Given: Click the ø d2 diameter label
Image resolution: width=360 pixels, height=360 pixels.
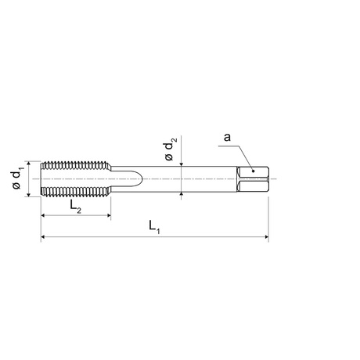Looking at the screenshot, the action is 171,149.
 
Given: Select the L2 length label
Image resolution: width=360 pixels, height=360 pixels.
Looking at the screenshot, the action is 75,207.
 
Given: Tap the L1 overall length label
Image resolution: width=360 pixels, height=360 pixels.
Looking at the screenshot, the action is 154,226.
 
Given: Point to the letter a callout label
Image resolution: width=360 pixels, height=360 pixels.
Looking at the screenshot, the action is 228,137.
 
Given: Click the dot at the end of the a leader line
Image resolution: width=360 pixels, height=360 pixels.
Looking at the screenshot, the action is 253,171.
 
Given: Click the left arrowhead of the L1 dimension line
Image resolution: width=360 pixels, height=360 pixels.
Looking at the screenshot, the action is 43,236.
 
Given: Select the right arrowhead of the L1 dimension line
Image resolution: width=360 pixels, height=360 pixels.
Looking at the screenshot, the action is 266,236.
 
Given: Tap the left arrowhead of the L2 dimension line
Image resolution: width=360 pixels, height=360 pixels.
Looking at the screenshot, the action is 43,215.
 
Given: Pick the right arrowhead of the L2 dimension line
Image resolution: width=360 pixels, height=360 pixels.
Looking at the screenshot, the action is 108,215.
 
